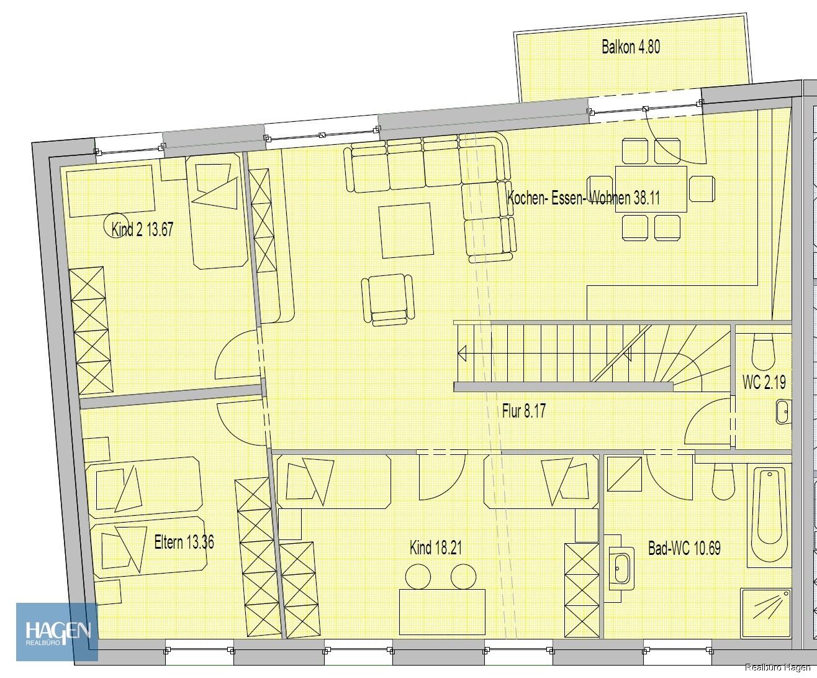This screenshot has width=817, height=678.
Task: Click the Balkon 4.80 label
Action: [x=631, y=47]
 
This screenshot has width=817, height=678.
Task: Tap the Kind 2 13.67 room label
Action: [x=142, y=229]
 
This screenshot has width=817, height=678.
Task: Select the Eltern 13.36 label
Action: [x=184, y=543]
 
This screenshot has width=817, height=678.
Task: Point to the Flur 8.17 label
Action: [x=523, y=411]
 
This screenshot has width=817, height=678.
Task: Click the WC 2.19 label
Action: [x=764, y=382]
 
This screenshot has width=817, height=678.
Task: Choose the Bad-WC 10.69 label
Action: [x=684, y=548]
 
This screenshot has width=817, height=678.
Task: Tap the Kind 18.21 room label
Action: [x=435, y=547]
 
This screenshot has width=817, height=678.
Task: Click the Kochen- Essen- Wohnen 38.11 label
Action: [x=584, y=198]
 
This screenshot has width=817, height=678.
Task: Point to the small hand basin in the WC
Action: [x=783, y=411]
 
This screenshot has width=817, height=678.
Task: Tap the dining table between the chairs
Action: [x=651, y=189]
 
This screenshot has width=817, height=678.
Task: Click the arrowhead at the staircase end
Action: [x=462, y=354]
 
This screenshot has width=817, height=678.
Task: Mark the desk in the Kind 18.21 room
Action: [x=442, y=612]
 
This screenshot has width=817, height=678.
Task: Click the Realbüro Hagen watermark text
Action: [x=778, y=667]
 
